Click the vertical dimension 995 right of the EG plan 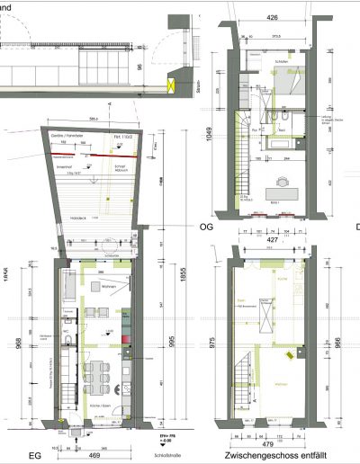161,354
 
